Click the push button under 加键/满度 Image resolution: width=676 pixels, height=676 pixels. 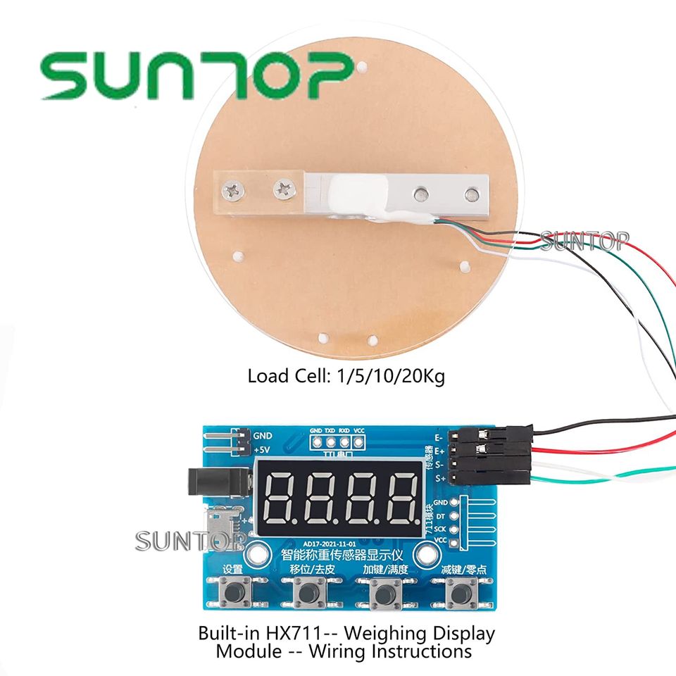click(384, 594)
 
